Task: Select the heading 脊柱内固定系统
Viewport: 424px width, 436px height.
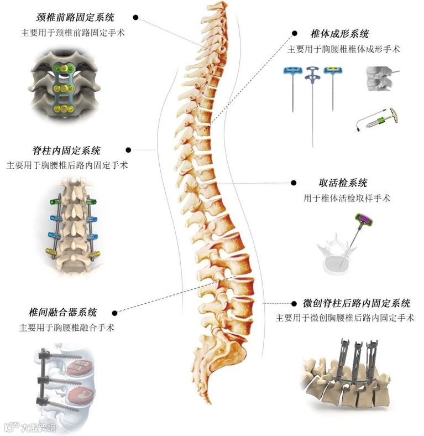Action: tap(66, 150)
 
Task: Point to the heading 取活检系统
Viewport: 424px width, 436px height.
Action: tap(335, 183)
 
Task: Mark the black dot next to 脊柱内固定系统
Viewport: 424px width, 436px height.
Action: tap(128, 149)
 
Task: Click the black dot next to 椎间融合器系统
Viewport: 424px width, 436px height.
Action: tap(114, 312)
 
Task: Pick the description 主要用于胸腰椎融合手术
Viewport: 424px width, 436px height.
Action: tap(67, 328)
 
